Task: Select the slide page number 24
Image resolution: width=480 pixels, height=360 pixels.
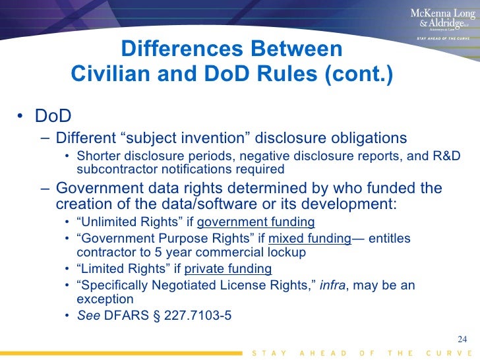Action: tap(462, 340)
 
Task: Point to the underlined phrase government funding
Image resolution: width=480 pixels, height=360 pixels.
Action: tap(256, 222)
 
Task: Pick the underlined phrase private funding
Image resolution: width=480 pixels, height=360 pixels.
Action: tap(228, 268)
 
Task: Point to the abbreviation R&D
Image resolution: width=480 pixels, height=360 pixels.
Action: tap(445, 156)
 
